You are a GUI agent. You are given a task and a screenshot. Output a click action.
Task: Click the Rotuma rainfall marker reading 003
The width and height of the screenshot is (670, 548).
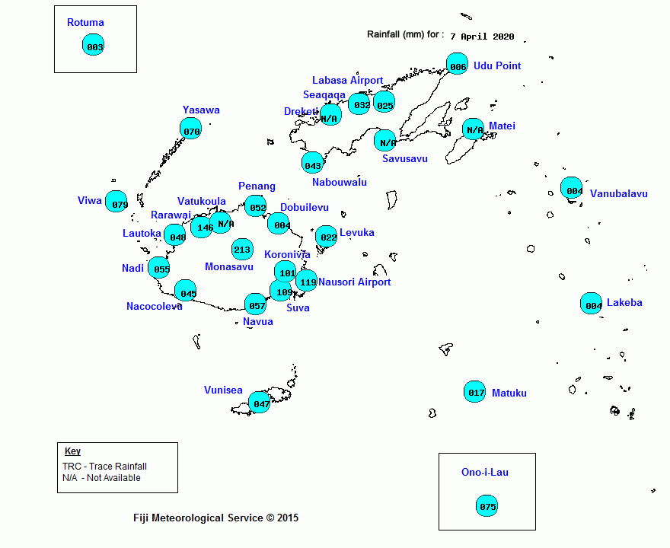(93, 45)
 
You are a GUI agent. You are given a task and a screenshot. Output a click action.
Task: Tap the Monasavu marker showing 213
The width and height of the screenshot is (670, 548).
(242, 249)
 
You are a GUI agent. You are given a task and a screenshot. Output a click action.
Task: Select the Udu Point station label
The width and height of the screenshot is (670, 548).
(497, 65)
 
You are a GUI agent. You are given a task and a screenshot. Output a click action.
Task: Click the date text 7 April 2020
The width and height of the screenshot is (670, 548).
(482, 37)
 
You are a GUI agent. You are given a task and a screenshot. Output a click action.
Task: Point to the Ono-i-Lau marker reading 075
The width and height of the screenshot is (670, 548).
(487, 505)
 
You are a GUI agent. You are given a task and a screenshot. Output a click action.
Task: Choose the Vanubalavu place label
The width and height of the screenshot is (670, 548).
(619, 193)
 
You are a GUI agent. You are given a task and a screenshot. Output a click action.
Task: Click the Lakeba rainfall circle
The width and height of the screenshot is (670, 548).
(592, 303)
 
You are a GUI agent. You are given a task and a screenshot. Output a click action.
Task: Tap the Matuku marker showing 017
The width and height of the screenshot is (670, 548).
(475, 392)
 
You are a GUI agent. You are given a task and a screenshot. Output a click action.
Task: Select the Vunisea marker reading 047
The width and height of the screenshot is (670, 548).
(260, 403)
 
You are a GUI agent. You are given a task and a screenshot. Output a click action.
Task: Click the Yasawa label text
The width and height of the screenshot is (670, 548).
(201, 110)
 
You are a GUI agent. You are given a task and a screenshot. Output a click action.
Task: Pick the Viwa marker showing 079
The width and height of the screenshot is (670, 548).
(116, 202)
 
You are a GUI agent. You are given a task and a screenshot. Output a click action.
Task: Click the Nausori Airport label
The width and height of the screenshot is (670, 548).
(355, 282)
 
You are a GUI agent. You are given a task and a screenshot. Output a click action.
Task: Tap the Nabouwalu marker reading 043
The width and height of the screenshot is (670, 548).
(312, 163)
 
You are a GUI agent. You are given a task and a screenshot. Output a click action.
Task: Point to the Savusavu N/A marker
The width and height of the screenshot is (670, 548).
(385, 141)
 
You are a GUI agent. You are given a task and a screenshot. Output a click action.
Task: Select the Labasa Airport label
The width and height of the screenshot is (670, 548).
(347, 81)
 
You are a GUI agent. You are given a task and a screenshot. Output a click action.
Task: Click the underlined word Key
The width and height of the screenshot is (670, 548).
(72, 451)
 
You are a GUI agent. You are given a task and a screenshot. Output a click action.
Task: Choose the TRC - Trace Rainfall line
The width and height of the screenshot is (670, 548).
(105, 467)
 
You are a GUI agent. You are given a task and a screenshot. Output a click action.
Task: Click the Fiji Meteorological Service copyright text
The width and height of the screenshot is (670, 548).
(215, 518)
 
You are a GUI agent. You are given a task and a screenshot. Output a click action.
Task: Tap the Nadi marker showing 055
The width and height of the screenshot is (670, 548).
(159, 268)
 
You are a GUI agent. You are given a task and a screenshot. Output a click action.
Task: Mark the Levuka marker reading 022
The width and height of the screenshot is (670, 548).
(327, 236)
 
